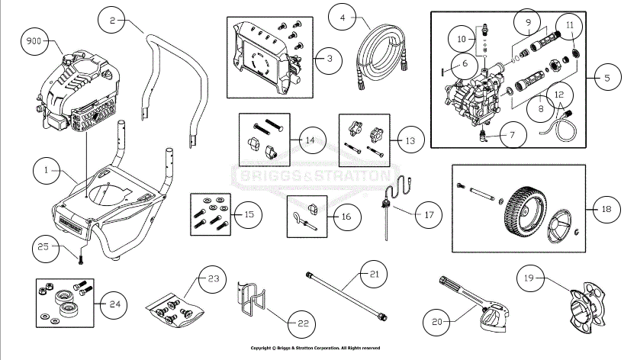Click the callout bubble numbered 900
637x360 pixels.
coord(35,40)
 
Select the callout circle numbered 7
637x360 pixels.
coord(512,137)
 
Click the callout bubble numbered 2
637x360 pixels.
coord(112,21)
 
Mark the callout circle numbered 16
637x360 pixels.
coord(346,217)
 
